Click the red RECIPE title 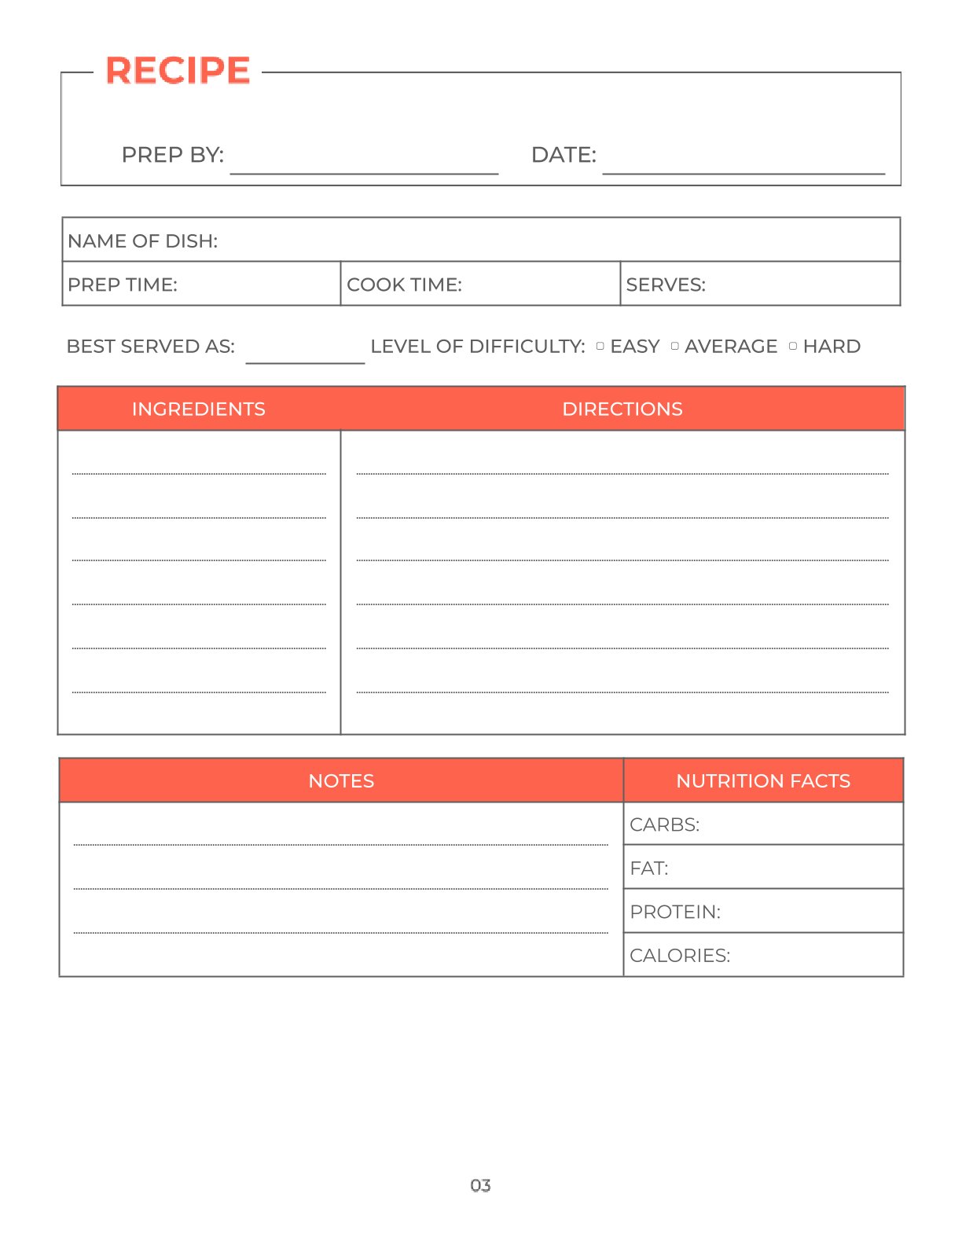(178, 71)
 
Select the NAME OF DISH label (142, 241)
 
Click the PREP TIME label (123, 285)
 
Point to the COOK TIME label (404, 285)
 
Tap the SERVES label (666, 285)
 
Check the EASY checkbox (600, 346)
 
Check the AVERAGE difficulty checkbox (675, 346)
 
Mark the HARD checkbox (793, 346)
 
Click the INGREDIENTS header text (199, 409)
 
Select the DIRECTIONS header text (622, 409)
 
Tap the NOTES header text (341, 780)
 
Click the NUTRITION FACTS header (763, 780)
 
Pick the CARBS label (664, 824)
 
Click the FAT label (649, 869)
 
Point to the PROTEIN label (675, 912)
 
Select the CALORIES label (680, 956)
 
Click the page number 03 (480, 1185)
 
